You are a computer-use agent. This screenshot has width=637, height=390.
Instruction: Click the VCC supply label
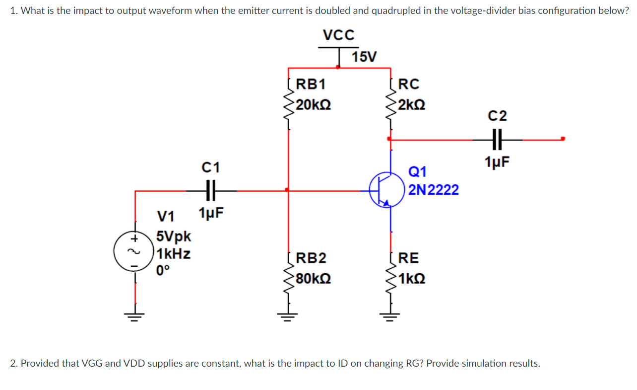click(x=338, y=35)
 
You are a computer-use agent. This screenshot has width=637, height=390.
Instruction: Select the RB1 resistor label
click(x=311, y=84)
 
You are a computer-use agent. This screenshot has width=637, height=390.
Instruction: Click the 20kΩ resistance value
click(x=314, y=105)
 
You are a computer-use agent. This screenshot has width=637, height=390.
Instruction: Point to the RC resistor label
click(x=408, y=84)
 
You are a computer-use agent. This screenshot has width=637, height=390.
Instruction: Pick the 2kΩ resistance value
click(x=411, y=105)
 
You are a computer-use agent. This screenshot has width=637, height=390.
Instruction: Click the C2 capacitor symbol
click(x=497, y=140)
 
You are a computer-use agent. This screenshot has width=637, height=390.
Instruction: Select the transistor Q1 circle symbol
click(x=387, y=190)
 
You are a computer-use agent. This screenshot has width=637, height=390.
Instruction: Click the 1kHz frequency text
click(x=173, y=253)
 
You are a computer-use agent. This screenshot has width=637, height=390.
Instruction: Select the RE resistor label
click(x=408, y=258)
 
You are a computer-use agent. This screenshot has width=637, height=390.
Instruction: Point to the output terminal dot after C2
click(x=562, y=139)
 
